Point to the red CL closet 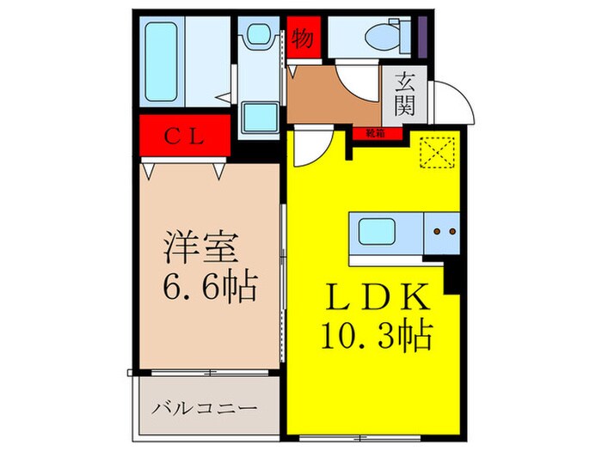click(x=185, y=135)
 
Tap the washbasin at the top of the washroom click(x=257, y=36)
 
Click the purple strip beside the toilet click(x=423, y=34)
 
